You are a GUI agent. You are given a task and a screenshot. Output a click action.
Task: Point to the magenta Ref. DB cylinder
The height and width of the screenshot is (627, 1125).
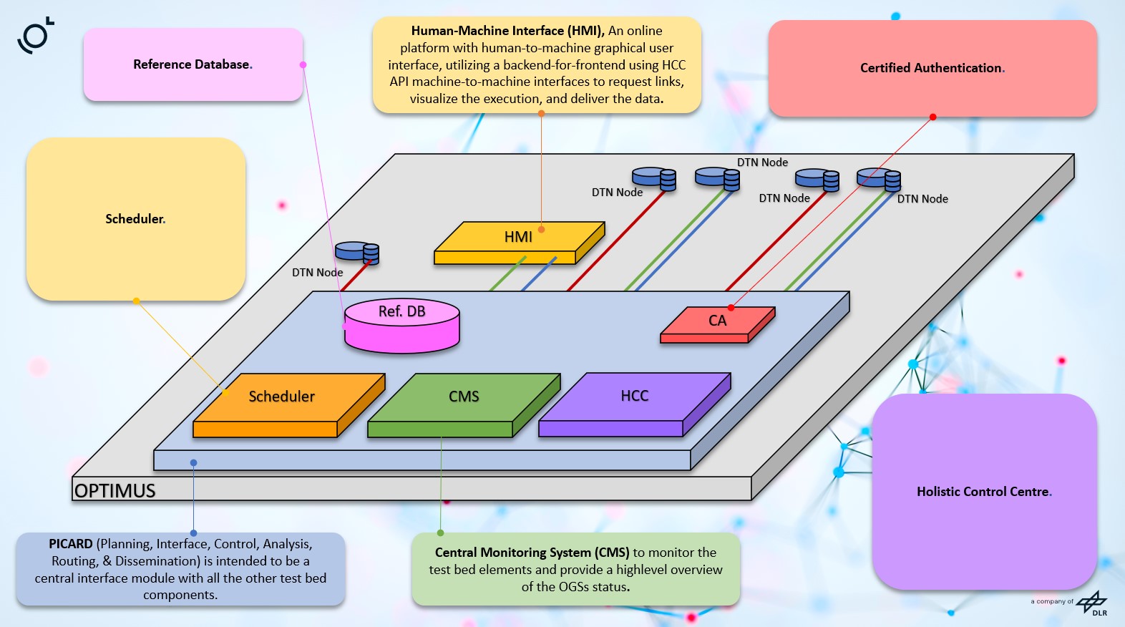tap(402, 326)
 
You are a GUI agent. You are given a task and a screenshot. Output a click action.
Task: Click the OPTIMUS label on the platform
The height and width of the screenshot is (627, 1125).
tap(115, 491)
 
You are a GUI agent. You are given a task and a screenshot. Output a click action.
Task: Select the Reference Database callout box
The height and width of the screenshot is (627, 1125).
tap(193, 64)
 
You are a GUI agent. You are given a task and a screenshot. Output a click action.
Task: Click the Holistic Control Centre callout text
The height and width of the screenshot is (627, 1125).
tap(984, 492)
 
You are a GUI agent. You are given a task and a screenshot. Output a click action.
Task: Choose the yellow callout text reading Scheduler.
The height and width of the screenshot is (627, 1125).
tap(135, 219)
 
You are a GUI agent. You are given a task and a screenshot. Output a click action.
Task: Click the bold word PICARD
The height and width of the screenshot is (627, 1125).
tap(71, 544)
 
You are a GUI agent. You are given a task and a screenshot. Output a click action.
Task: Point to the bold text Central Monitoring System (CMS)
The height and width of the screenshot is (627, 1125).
tap(532, 553)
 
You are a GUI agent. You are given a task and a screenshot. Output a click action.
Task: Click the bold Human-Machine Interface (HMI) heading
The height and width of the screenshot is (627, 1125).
tap(507, 31)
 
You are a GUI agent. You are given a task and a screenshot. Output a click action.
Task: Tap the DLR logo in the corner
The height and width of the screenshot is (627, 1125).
tap(1092, 603)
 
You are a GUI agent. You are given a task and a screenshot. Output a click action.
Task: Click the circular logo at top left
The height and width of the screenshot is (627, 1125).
tap(36, 36)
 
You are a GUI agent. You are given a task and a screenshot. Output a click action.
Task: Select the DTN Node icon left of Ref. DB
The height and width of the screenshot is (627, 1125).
tap(357, 252)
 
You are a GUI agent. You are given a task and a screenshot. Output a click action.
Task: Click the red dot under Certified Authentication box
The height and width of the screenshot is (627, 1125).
tap(932, 117)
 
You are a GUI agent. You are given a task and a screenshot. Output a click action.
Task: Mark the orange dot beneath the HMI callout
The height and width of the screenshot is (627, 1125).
tap(541, 113)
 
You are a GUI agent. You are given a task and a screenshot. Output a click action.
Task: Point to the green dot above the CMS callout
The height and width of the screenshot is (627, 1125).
tap(440, 533)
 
